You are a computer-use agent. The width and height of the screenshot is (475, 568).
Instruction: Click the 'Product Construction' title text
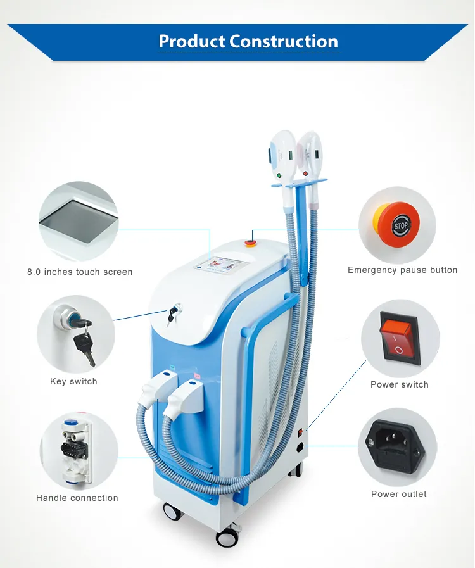248,41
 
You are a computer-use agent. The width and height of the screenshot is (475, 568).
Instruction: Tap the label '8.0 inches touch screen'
80,272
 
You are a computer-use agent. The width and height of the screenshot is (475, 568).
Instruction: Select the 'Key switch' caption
73,381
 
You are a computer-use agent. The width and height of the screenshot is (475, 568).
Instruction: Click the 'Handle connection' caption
77,498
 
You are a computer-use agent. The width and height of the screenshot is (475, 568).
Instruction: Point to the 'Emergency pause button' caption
402,270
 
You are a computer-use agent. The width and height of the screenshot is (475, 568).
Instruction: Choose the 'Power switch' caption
400,384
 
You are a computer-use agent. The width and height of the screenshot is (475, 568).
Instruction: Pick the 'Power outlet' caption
399,494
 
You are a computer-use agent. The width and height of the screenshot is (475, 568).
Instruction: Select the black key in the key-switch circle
84,345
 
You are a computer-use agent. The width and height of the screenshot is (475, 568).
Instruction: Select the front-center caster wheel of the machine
227,538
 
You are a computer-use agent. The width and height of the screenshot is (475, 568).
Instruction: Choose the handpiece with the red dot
308,155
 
